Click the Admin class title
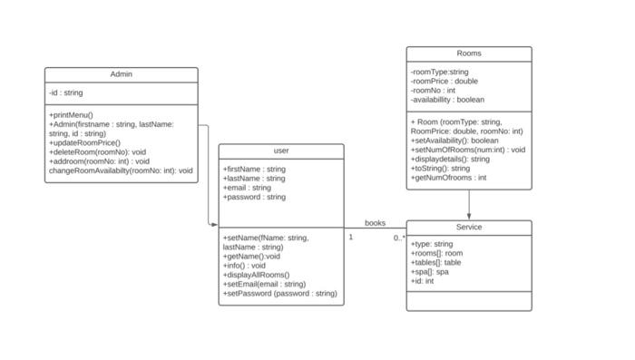(122, 74)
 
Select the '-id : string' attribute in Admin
(66, 92)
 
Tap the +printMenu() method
(71, 115)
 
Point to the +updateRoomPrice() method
(84, 142)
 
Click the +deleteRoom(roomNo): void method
(97, 151)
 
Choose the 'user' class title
(281, 151)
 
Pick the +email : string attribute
(247, 188)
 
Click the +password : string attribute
(254, 197)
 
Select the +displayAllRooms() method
(256, 275)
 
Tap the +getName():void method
(251, 257)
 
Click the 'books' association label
(375, 222)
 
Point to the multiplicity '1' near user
(351, 237)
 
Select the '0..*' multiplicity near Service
(399, 238)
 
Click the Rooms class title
(469, 54)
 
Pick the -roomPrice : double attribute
(444, 81)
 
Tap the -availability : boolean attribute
(447, 100)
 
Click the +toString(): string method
(441, 168)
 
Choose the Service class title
(469, 227)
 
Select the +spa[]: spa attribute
(430, 271)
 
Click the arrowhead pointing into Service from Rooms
(469, 216)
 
